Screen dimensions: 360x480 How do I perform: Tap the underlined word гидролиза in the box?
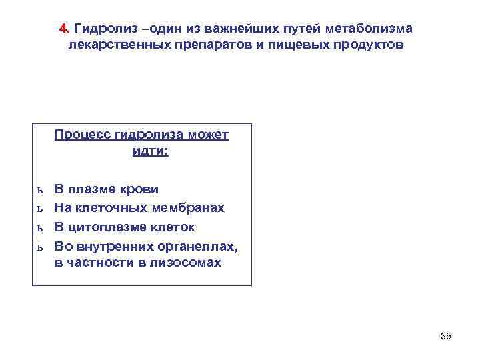146,135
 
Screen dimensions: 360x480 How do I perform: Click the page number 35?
446,336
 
